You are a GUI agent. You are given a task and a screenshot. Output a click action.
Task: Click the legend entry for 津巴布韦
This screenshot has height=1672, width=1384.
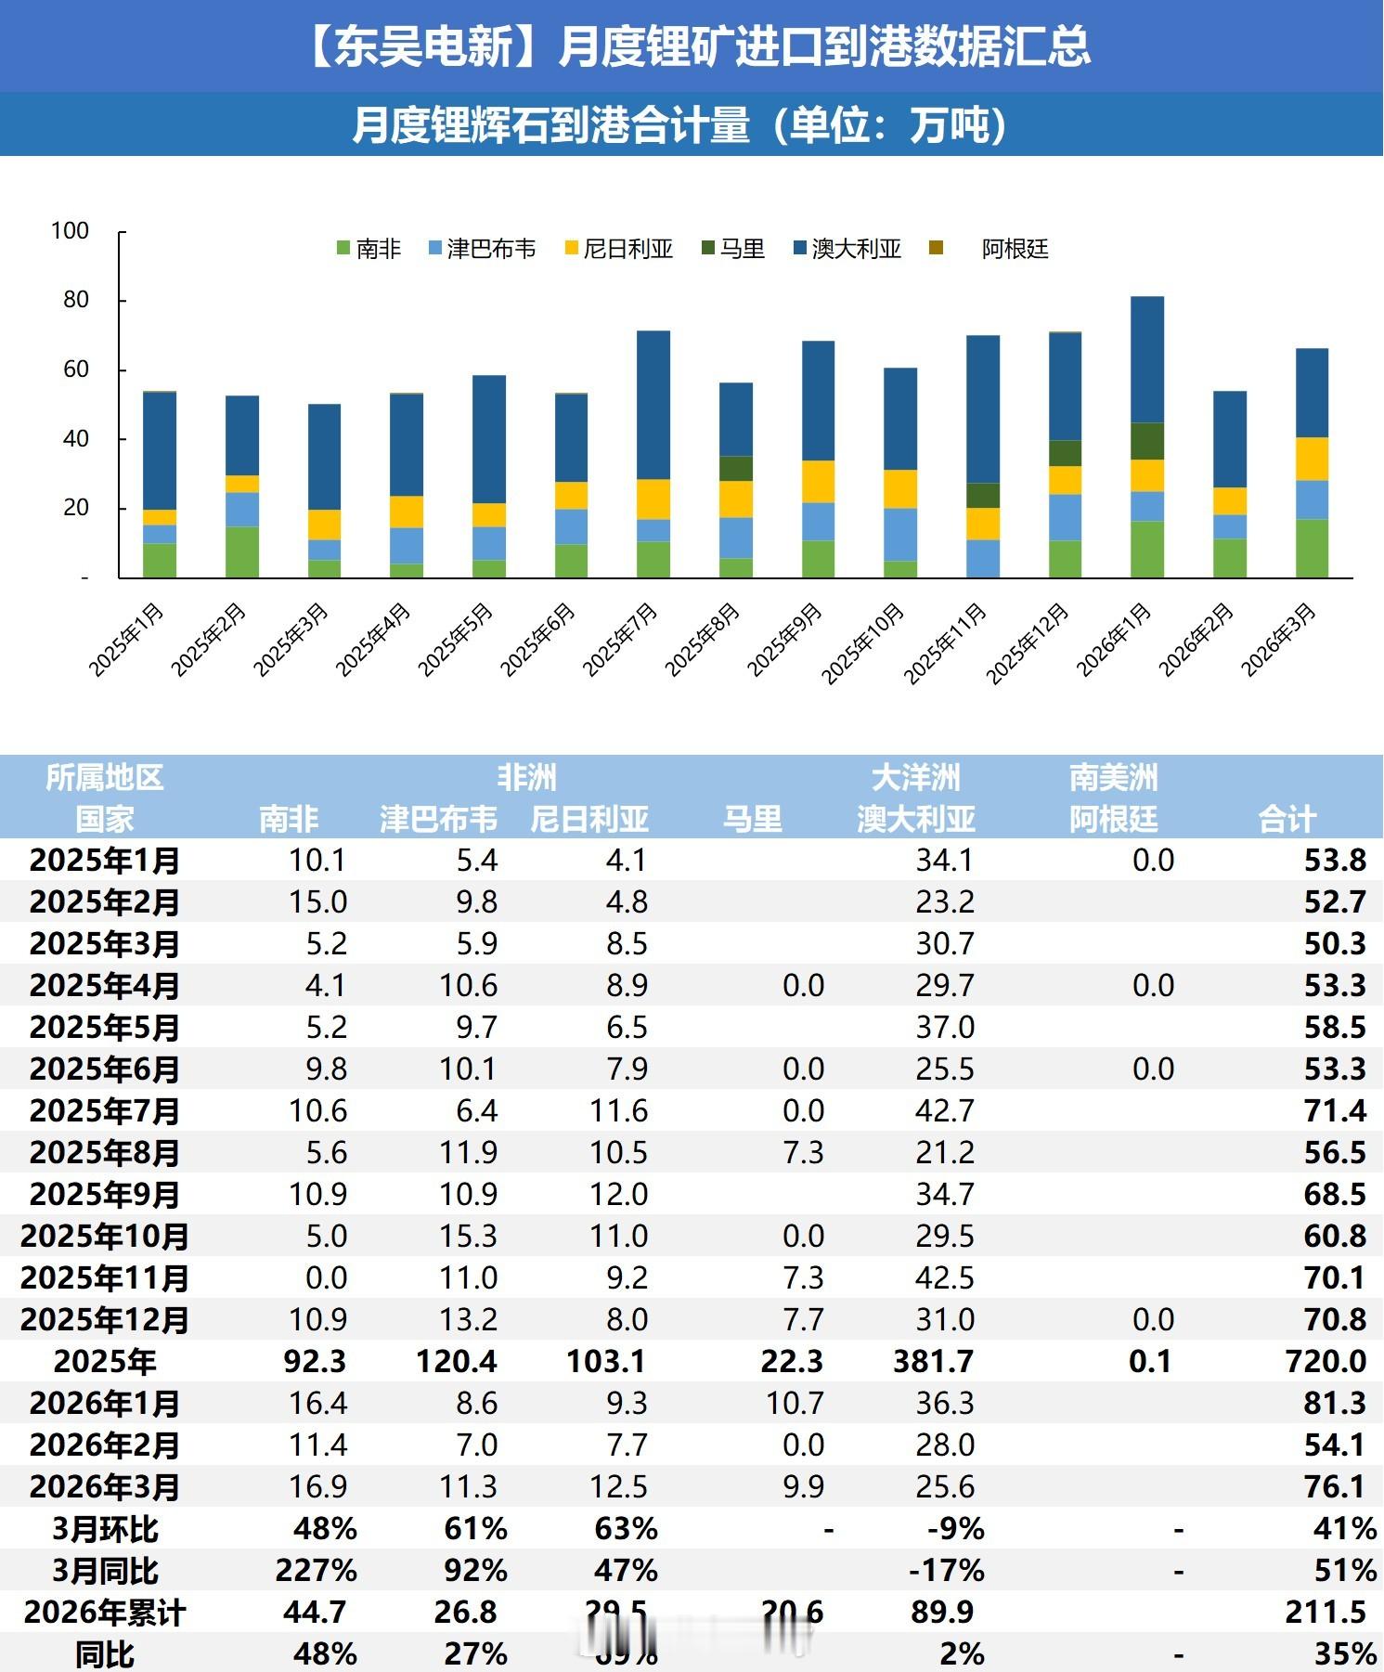482,249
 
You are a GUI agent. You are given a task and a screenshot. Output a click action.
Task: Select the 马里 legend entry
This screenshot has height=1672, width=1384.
733,249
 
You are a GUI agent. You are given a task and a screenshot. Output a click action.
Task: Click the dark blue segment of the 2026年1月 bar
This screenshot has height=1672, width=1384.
1147,359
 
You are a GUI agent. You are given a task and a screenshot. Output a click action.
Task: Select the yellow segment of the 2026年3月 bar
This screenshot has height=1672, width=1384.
1312,459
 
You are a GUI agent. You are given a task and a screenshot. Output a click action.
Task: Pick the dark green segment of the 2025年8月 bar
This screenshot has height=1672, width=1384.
736,468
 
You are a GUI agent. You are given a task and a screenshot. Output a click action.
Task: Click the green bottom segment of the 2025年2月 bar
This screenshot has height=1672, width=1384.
242,551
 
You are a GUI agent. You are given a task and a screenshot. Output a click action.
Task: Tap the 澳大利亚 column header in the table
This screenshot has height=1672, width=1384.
916,819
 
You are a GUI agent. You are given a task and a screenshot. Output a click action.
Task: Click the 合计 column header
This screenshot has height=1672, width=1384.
1287,819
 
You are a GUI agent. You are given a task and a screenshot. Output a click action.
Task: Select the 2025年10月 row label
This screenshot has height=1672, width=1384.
105,1236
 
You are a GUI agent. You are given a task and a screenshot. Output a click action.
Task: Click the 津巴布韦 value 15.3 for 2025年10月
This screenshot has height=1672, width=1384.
469,1236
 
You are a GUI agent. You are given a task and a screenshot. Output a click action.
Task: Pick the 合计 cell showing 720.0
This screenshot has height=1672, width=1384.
1326,1361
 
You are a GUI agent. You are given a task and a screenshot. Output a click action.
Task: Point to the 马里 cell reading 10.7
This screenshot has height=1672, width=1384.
795,1403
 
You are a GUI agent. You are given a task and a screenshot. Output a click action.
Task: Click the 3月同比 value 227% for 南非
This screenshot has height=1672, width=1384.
316,1570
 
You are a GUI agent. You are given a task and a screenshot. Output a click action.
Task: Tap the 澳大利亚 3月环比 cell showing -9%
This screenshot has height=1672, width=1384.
955,1528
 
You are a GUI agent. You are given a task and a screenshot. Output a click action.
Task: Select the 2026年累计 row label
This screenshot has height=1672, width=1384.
105,1613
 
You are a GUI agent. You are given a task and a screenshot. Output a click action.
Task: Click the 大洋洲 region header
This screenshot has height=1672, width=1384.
916,777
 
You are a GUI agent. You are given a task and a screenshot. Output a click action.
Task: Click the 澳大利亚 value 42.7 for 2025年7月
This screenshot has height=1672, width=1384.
945,1110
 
